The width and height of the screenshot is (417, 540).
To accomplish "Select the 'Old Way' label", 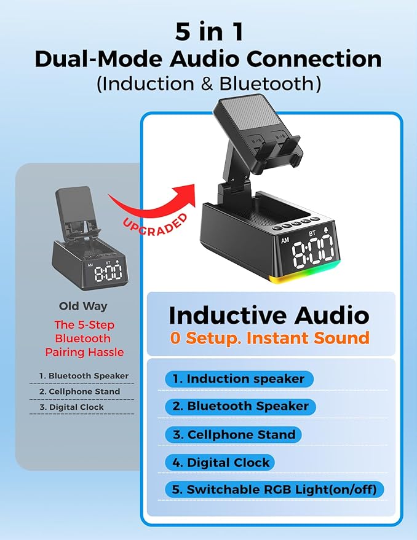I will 83,305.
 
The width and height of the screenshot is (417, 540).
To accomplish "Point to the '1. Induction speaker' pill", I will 239,378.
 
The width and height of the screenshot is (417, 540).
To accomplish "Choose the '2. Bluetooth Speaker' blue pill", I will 240,406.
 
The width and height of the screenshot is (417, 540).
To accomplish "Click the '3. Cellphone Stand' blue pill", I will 234,434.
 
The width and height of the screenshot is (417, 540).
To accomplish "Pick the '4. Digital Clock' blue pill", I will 220,462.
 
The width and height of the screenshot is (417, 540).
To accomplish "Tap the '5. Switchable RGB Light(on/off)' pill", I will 275,490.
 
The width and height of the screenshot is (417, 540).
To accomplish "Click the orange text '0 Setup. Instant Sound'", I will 270,338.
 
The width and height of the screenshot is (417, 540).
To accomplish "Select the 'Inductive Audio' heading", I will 269,315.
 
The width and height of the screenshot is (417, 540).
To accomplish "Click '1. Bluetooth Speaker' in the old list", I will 84,375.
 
